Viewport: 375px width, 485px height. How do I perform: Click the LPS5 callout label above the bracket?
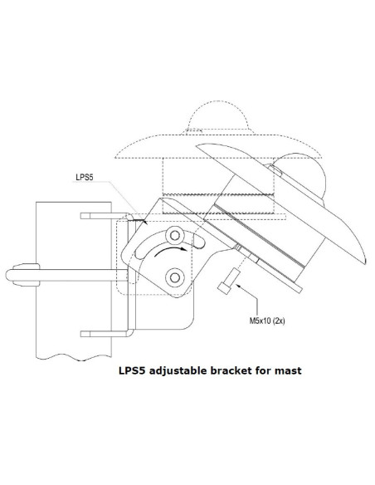[85, 177]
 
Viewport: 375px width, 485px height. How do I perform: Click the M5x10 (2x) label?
[267, 321]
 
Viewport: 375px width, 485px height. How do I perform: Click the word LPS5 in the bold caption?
[132, 370]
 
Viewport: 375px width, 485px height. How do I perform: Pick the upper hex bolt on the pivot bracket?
[175, 236]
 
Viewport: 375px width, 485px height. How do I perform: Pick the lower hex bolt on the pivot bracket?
[175, 277]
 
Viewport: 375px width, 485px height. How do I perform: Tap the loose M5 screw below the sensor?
[229, 281]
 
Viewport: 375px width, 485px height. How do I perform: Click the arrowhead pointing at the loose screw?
[238, 286]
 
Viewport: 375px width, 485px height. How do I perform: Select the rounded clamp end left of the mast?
[23, 275]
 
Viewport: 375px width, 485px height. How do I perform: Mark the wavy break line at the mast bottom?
[74, 357]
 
